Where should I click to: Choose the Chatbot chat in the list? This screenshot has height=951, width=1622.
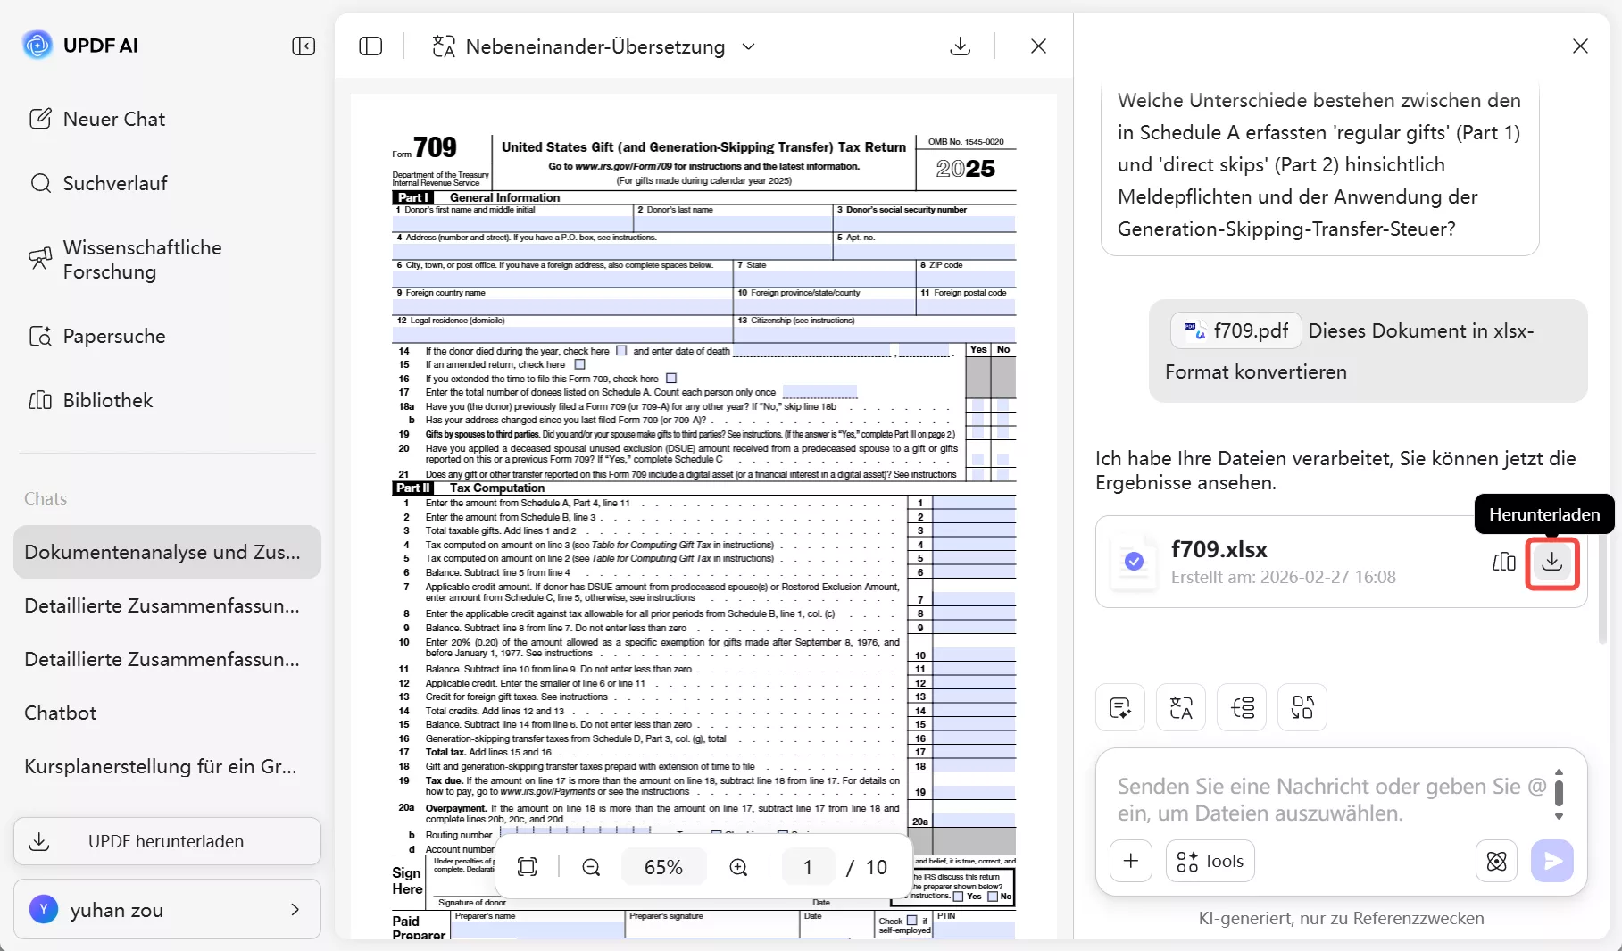tap(61, 713)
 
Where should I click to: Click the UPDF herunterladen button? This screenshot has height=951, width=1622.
tap(167, 841)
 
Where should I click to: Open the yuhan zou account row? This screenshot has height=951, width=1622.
tap(167, 910)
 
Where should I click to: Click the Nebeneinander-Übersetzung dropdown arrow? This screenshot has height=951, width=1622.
tap(749, 46)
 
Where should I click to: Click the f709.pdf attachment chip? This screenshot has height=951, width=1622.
tap(1236, 331)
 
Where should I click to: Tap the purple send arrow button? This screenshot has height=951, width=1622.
tap(1552, 861)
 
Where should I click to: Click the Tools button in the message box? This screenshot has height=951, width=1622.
tap(1210, 861)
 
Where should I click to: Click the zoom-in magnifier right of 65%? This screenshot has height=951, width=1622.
tap(738, 867)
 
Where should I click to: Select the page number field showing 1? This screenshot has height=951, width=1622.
tap(808, 867)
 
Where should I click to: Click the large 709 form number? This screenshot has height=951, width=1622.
tap(435, 148)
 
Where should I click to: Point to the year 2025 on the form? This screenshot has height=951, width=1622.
tap(965, 169)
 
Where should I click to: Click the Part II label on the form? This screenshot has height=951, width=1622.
tap(413, 488)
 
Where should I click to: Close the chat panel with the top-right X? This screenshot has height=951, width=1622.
tap(1580, 46)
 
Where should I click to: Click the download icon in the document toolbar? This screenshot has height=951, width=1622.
tap(961, 46)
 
